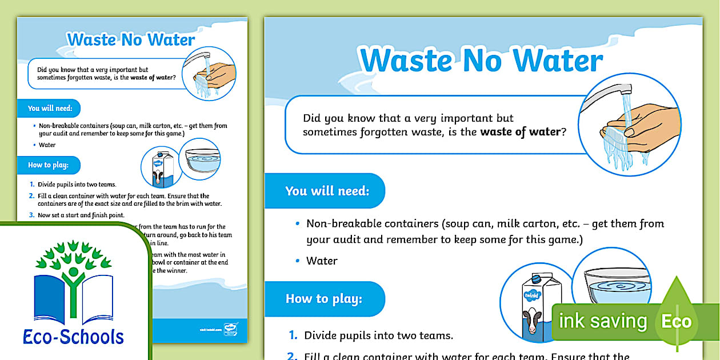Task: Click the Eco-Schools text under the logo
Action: click(x=73, y=336)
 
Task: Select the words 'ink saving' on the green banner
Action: click(x=602, y=321)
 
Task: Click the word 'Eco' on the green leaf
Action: click(x=677, y=321)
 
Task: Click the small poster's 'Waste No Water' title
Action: click(x=131, y=39)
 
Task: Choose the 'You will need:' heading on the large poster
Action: click(x=327, y=190)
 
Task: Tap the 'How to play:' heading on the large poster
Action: click(x=323, y=298)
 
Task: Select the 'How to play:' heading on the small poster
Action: click(x=48, y=165)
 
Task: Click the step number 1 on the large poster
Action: click(x=293, y=335)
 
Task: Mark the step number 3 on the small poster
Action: click(x=32, y=215)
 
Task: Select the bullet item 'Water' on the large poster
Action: click(x=322, y=261)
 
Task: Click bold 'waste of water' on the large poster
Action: click(x=520, y=132)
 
